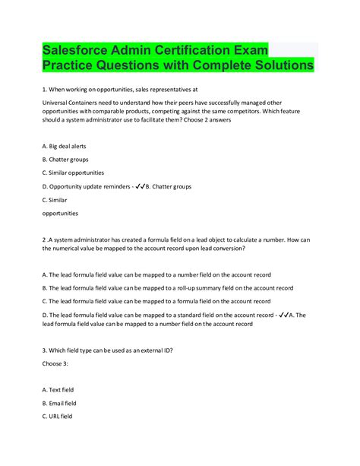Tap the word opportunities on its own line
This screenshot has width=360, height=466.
coord(60,214)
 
